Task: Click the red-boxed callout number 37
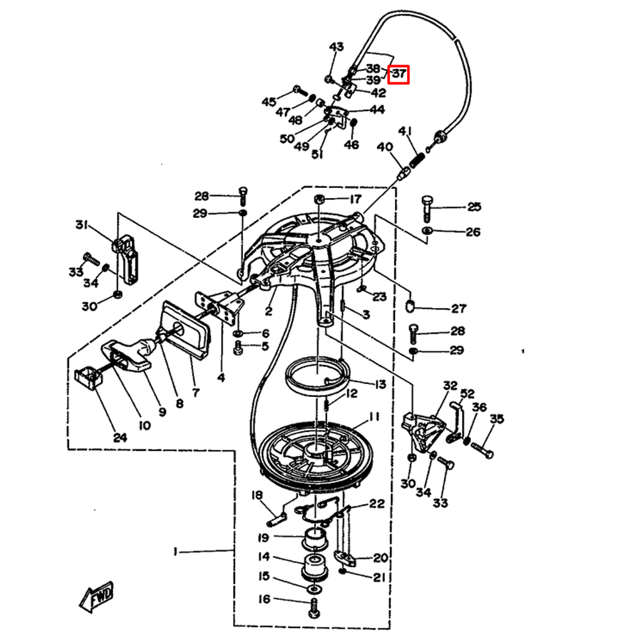pyautogui.click(x=399, y=75)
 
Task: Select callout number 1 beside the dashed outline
pyautogui.click(x=176, y=550)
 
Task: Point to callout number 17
pyautogui.click(x=355, y=199)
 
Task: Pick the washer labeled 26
pyautogui.click(x=427, y=230)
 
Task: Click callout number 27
pyautogui.click(x=459, y=309)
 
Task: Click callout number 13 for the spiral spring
pyautogui.click(x=380, y=384)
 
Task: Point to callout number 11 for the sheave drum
pyautogui.click(x=374, y=417)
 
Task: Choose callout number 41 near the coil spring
pyautogui.click(x=404, y=132)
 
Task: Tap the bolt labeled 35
pyautogui.click(x=482, y=447)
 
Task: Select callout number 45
pyautogui.click(x=268, y=102)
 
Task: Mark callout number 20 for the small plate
pyautogui.click(x=381, y=557)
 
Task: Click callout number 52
pyautogui.click(x=467, y=394)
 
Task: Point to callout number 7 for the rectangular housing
pyautogui.click(x=196, y=392)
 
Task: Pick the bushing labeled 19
pyautogui.click(x=314, y=537)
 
